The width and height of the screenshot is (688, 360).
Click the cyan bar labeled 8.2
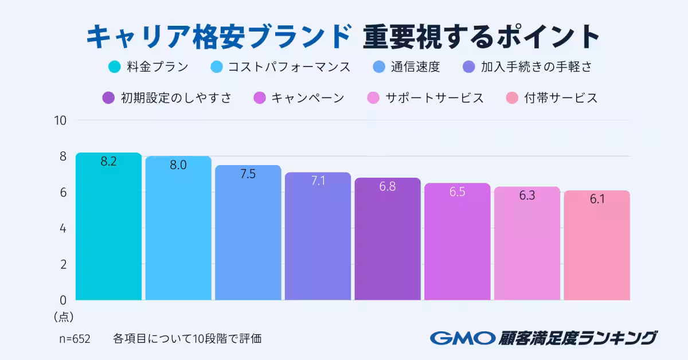pos(108,229)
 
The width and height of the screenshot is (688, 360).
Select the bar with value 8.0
pos(178,229)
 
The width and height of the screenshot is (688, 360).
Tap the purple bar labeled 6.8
pos(388,241)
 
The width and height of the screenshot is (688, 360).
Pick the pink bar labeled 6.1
pos(597,246)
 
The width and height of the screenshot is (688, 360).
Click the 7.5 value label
pos(248,174)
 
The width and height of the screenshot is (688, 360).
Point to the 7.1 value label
pos(318,181)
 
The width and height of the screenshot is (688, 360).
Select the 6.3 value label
pos(527,195)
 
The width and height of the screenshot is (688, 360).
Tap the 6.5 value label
pos(457,192)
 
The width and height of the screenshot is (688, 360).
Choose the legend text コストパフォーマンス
pos(289,67)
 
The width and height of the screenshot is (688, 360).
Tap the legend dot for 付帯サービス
pos(513,98)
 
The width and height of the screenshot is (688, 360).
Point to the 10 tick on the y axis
pos(61,120)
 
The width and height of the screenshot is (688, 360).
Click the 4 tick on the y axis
pos(63,228)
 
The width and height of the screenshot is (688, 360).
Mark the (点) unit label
pos(64,316)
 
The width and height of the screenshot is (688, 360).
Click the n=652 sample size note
pos(75,338)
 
